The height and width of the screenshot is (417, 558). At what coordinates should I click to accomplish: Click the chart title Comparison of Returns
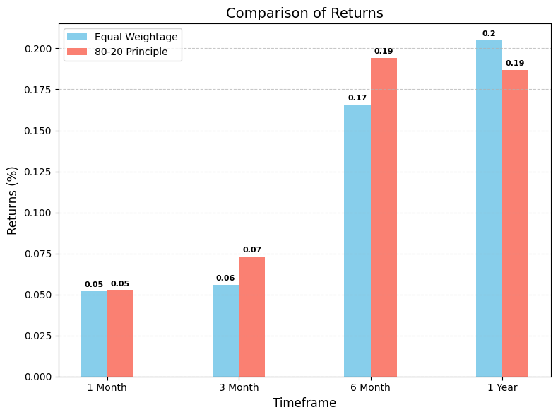click(x=304, y=13)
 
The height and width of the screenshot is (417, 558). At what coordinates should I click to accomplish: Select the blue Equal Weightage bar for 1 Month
click(x=94, y=334)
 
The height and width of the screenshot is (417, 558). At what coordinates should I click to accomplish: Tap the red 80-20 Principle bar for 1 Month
click(x=120, y=334)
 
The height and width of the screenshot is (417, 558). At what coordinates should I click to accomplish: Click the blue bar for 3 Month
click(x=225, y=331)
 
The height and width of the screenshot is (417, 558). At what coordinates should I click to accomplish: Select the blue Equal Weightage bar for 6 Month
click(x=357, y=240)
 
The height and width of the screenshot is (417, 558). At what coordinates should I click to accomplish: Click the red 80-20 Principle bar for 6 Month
click(x=384, y=217)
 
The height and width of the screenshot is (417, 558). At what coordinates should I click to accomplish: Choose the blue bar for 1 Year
click(x=489, y=208)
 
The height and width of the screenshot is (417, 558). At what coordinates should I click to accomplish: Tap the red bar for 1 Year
click(x=515, y=223)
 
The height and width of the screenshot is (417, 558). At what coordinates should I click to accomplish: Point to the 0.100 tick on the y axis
click(x=39, y=213)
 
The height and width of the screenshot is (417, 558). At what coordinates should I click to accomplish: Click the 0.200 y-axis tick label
click(x=39, y=49)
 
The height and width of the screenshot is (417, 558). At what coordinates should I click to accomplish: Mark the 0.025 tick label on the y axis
click(x=39, y=336)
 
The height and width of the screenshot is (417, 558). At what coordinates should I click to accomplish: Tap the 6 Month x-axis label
click(x=370, y=387)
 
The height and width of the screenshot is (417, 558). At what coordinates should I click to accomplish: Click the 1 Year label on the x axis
click(x=502, y=387)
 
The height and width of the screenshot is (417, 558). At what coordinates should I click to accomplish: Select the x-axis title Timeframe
click(x=304, y=403)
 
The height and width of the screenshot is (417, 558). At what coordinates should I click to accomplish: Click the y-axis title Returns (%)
click(x=13, y=200)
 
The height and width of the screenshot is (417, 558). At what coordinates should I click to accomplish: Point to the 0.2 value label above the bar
click(x=489, y=34)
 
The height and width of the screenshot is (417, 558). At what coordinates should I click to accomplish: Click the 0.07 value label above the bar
click(x=252, y=250)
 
